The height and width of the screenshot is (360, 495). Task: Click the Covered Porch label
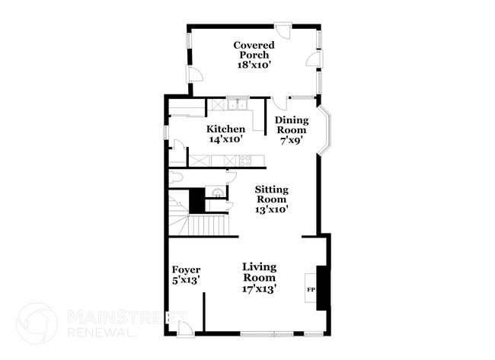pos(254,50)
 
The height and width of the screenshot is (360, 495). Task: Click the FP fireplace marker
pos(311,289)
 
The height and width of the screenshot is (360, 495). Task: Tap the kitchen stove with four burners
pos(244,161)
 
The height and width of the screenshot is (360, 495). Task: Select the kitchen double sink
pos(238,104)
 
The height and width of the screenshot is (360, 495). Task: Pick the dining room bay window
pos(325,131)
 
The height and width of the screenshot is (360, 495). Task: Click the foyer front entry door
pos(185,330)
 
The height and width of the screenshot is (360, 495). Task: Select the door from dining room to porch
pos(279,103)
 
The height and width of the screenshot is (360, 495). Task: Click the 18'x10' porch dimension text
pos(254,66)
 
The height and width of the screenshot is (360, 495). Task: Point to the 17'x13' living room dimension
pos(259,288)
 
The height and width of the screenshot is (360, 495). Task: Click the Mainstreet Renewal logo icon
pos(37,323)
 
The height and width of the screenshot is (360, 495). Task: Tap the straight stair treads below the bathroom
pos(207,225)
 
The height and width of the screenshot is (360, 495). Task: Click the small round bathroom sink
pos(217,193)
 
